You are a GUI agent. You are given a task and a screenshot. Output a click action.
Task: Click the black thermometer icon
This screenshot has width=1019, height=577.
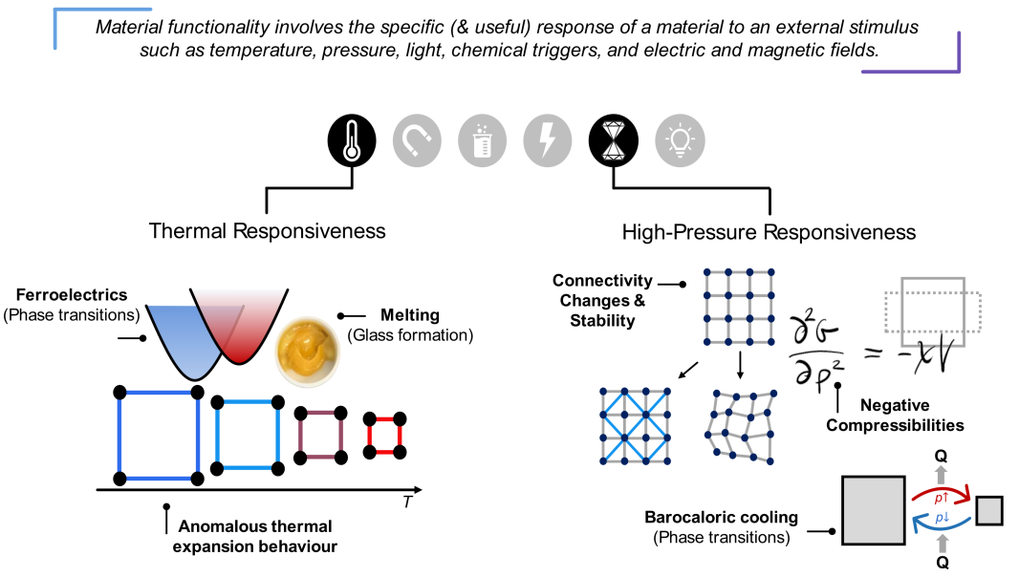(x=352, y=140)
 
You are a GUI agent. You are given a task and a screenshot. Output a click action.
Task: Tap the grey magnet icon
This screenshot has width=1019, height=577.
(x=417, y=140)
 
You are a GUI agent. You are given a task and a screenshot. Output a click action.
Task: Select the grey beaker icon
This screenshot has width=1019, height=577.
(x=482, y=140)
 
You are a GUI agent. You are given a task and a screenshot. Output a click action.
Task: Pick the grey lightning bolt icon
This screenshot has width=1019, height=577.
(x=548, y=140)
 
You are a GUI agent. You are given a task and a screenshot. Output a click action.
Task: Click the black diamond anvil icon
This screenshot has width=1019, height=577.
(x=614, y=140)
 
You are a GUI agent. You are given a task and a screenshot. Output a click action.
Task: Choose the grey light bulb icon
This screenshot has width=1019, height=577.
(x=680, y=140)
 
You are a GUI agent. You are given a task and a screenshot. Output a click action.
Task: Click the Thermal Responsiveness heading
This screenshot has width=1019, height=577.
(x=267, y=230)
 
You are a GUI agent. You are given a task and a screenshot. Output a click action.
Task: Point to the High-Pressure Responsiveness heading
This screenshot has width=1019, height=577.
(x=769, y=232)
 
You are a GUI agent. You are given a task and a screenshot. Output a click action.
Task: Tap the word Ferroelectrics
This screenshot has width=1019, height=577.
(x=72, y=294)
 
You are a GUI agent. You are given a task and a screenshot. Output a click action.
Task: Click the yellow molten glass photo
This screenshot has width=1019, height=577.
(x=307, y=352)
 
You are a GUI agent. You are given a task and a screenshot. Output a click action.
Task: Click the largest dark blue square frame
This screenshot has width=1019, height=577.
(x=119, y=436)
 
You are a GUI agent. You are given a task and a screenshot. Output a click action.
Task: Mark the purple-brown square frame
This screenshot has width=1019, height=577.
(x=300, y=436)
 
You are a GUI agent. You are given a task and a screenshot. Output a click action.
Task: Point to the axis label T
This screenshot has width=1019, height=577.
(x=407, y=502)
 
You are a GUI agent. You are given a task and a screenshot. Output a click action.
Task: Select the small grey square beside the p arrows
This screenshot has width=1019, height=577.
(x=989, y=510)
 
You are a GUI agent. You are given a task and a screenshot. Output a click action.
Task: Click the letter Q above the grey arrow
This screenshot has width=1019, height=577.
(x=941, y=456)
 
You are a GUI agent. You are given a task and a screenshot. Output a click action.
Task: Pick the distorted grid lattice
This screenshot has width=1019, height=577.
(x=740, y=426)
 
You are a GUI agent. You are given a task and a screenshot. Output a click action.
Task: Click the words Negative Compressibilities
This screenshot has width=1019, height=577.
(x=895, y=416)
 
